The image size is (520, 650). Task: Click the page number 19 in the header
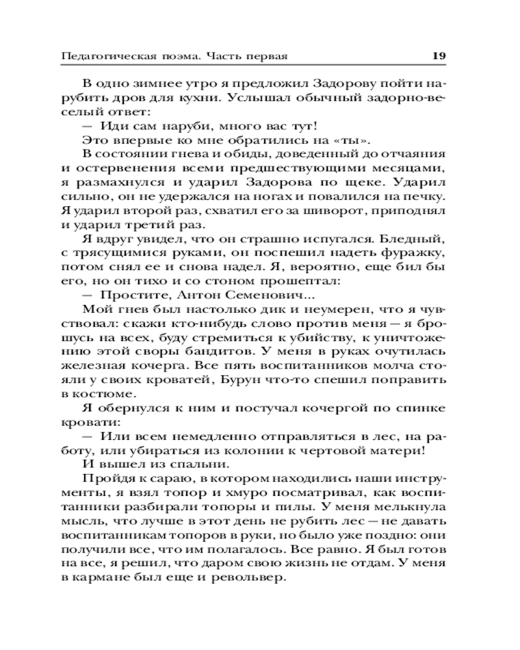tap(439, 56)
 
